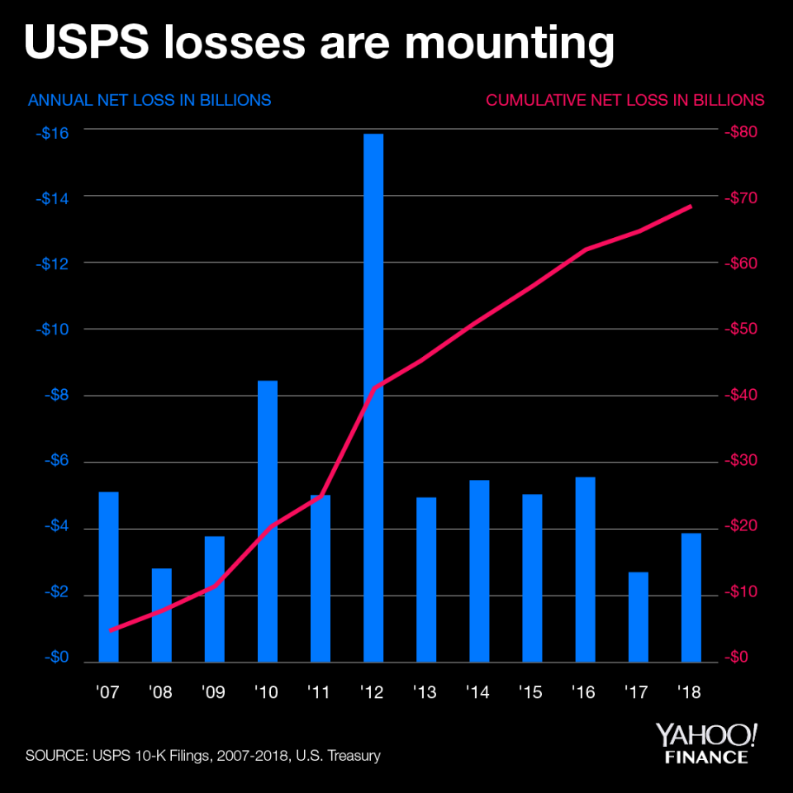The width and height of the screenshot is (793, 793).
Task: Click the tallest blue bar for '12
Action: [373, 396]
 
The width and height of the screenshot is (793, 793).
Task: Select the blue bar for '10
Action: [268, 520]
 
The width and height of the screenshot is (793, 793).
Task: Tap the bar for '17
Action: [639, 616]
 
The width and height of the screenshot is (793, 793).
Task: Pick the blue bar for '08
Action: [162, 615]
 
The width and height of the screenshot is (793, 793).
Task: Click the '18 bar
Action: [691, 597]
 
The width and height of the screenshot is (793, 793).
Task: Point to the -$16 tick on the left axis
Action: [53, 132]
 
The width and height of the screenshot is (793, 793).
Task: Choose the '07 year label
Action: [108, 692]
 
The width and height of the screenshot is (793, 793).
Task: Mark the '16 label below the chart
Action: [585, 692]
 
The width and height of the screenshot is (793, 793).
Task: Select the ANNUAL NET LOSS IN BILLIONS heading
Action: [150, 100]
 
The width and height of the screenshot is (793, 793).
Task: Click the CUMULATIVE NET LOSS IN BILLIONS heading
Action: [625, 100]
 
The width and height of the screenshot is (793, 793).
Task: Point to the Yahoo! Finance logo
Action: [706, 743]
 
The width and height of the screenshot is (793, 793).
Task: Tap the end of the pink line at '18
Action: [691, 206]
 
